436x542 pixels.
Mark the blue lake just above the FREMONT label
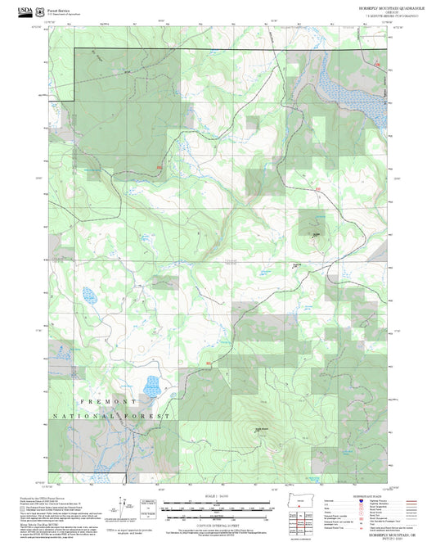click(151, 385)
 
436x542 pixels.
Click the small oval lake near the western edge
click(86, 293)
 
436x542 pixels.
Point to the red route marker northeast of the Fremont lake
click(209, 363)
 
